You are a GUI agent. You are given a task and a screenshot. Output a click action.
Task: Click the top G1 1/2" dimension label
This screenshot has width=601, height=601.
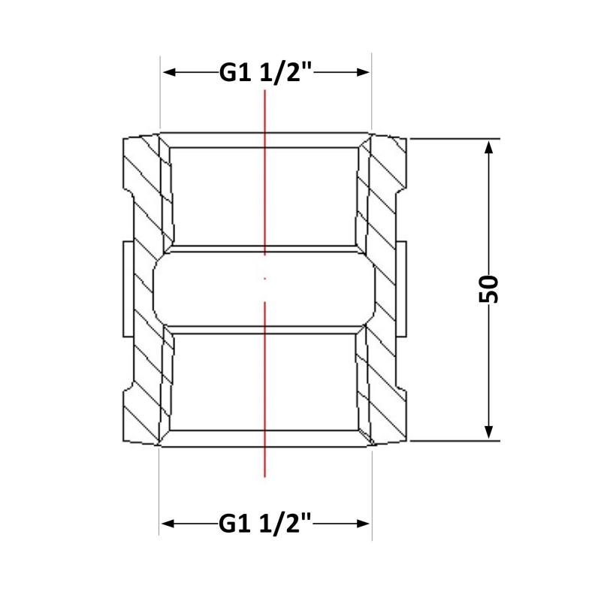tap(266, 72)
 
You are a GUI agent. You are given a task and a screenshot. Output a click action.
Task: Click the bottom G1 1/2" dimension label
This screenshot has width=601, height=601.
tap(266, 524)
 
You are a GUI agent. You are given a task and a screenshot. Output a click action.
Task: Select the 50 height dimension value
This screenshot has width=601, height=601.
tap(489, 289)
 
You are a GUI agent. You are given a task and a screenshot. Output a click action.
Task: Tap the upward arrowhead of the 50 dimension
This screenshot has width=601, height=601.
tap(488, 148)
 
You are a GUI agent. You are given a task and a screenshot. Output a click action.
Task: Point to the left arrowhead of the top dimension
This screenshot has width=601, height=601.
tap(170, 72)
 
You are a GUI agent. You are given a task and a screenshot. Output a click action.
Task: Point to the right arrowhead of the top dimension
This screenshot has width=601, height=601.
tap(363, 72)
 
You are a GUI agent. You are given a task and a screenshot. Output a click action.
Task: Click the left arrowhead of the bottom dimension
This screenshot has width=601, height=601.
tap(168, 524)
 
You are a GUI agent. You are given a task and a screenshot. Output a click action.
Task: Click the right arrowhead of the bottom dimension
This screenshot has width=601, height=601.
tap(363, 524)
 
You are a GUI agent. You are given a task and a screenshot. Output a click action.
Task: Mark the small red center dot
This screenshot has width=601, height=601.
tap(265, 279)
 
